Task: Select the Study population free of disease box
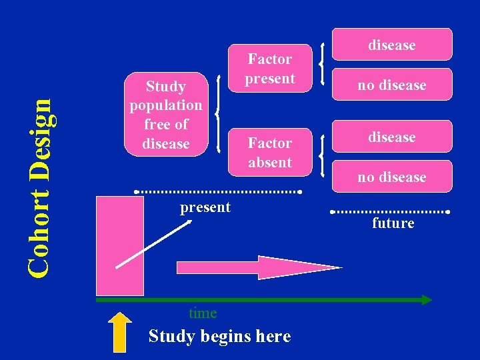[x=166, y=114]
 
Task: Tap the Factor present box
[x=269, y=69]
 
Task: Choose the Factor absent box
[x=269, y=152]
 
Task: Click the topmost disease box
[x=392, y=45]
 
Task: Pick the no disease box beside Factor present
[x=392, y=85]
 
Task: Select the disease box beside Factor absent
[x=392, y=137]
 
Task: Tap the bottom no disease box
[x=392, y=177]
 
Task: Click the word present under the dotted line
[x=205, y=207]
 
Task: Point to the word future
[x=393, y=223]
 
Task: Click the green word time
[x=203, y=313]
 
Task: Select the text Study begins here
[x=219, y=336]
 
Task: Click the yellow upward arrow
[x=120, y=331]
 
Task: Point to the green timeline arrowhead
[x=425, y=300]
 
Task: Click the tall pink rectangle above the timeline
[x=119, y=245]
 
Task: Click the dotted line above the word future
[x=391, y=212]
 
